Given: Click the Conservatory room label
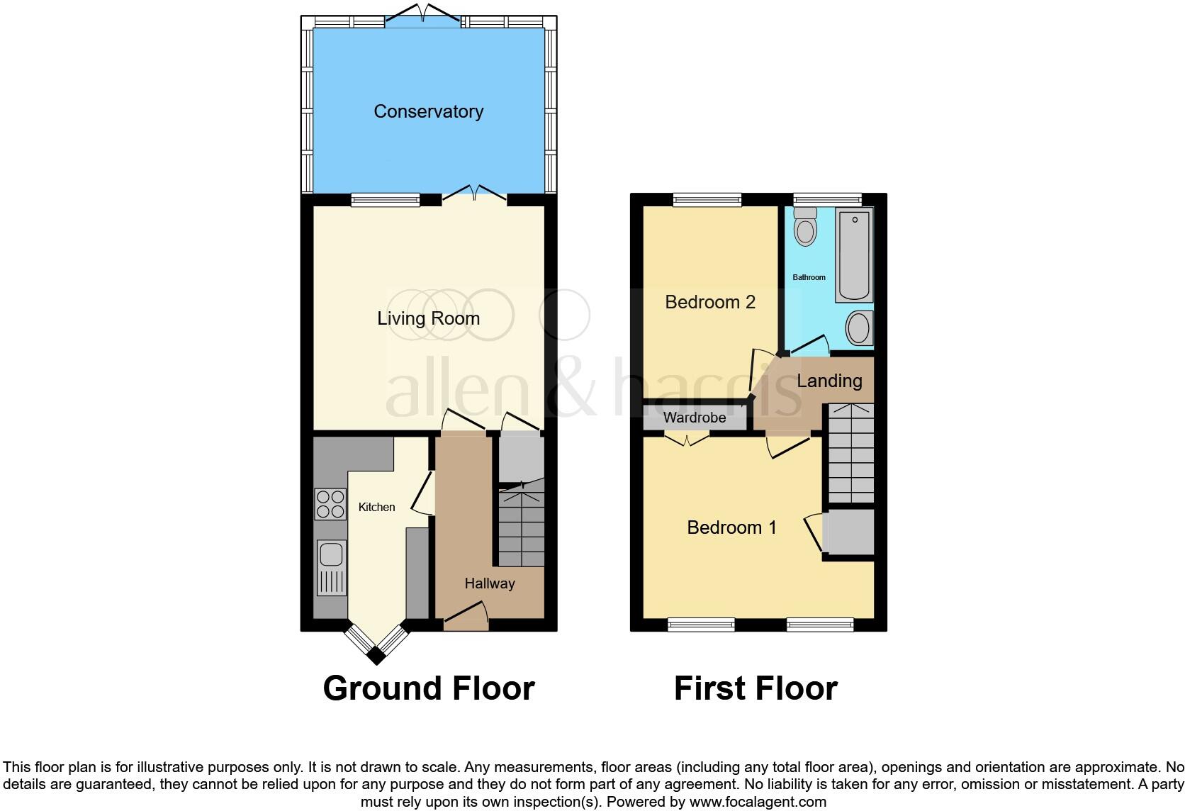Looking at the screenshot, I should point(428,111).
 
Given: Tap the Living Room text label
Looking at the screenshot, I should point(428,318).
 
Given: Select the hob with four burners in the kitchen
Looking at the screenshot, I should point(330,504).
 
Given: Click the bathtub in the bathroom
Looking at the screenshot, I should point(855,255).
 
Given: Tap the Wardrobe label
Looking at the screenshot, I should point(695,418).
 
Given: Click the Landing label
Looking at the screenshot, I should point(829,381).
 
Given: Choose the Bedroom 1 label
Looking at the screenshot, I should point(731,527).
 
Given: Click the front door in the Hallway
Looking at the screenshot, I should point(466,616).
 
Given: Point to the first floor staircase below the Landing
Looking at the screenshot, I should point(851,454).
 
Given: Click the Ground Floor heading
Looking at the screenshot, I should point(428,688).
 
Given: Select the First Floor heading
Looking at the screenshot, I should point(756,688).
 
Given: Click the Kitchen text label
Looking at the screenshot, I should point(376,507).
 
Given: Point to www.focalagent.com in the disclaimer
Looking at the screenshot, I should point(757,802).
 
